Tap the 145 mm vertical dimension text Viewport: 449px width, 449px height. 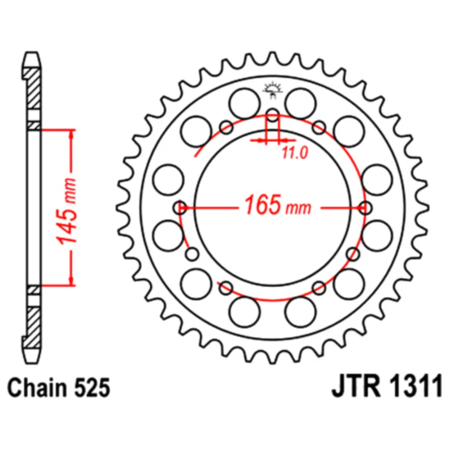tap(67, 211)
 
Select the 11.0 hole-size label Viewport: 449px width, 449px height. tap(295, 153)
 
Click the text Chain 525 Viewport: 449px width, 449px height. tap(59, 387)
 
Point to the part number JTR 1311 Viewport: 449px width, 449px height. tap(387, 387)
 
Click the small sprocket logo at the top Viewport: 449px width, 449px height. tap(273, 90)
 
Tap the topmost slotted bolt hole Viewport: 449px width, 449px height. tap(273, 115)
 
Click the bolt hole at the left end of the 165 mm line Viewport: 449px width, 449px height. tap(180, 207)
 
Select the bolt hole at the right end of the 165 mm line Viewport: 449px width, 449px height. tap(365, 207)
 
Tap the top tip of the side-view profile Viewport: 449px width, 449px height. tap(31, 52)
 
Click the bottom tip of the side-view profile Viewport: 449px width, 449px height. tap(31, 363)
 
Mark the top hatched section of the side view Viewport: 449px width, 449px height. tap(32, 88)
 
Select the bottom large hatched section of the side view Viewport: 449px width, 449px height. tap(32, 327)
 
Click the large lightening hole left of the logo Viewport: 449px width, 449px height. tap(245, 104)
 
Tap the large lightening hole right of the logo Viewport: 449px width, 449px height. tap(301, 104)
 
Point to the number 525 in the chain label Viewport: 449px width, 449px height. tap(92, 387)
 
